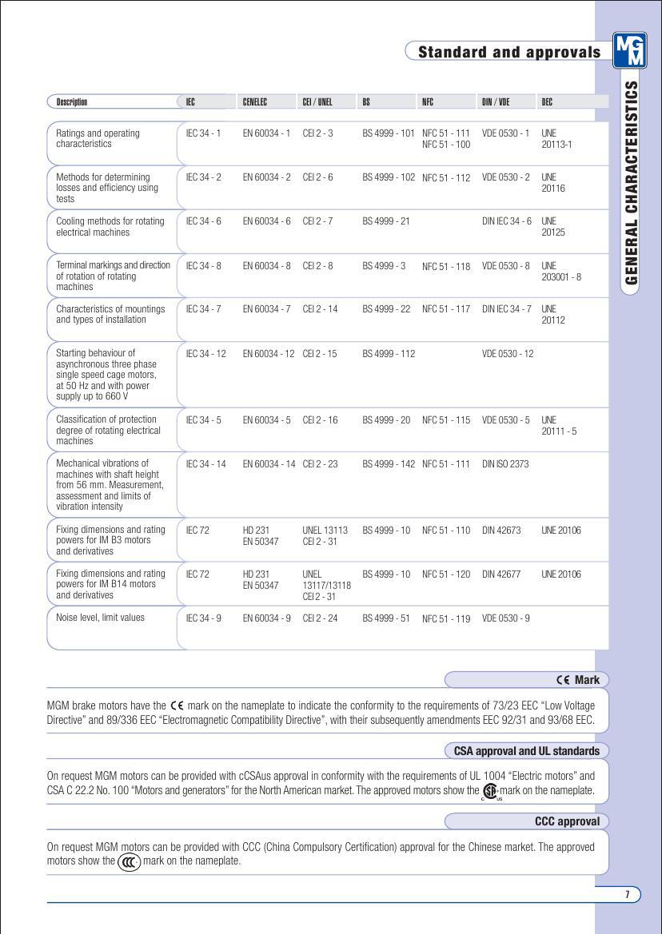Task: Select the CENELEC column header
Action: tap(255, 102)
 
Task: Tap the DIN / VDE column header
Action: tap(496, 102)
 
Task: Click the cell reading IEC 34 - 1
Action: tap(201, 133)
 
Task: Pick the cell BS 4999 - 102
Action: tap(389, 177)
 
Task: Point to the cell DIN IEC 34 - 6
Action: tap(507, 221)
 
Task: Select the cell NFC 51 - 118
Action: tap(446, 266)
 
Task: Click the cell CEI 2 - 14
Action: tap(320, 309)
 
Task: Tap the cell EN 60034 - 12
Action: tap(269, 353)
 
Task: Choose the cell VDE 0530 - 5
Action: tap(506, 419)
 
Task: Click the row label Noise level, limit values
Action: tap(100, 618)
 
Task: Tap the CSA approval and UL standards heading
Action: tap(526, 751)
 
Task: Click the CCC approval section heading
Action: tap(567, 821)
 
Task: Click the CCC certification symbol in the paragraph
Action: tap(128, 861)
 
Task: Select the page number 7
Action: tap(628, 894)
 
